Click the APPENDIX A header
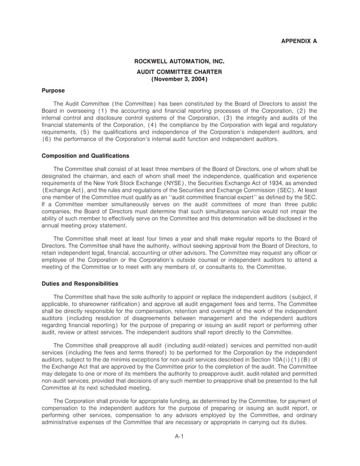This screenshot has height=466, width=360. click(298, 41)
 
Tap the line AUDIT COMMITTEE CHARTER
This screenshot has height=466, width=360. click(180, 72)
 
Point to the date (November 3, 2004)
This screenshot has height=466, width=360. click(180, 80)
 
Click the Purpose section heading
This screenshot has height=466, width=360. click(54, 90)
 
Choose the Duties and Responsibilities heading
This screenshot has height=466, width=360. click(80, 283)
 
